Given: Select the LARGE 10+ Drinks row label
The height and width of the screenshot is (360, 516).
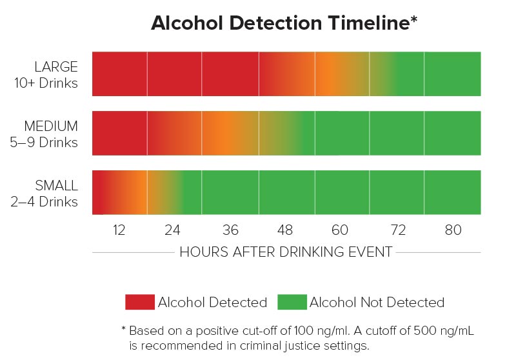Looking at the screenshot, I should [56, 75].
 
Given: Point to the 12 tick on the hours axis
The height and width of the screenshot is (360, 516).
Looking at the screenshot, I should [119, 230].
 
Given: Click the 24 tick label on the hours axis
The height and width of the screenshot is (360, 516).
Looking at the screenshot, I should [173, 230].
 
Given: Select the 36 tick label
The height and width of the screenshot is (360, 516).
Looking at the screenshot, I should [230, 230].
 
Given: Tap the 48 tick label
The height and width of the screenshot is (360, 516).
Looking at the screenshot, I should [285, 230].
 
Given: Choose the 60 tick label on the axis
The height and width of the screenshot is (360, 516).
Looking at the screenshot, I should [340, 230].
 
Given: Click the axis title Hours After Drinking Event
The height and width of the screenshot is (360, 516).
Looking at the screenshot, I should [286, 252].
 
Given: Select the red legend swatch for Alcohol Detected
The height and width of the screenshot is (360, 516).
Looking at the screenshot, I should [140, 302].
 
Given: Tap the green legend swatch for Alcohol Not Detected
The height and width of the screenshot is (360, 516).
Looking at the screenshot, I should [292, 302].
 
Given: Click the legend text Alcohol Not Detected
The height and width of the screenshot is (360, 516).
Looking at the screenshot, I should [377, 302].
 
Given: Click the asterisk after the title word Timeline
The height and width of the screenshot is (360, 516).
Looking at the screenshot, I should [413, 19].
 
